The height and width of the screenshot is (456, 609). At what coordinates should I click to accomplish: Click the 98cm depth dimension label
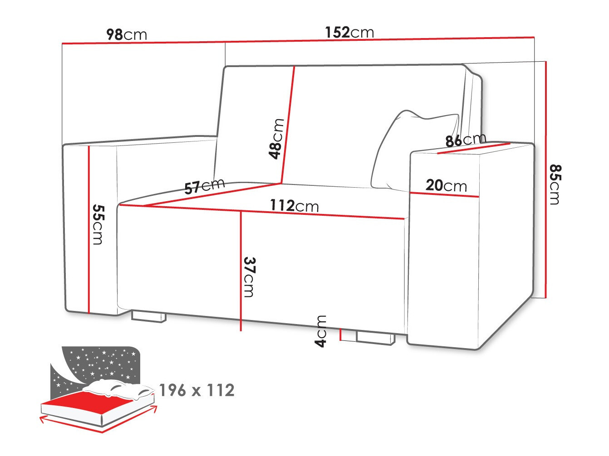127,34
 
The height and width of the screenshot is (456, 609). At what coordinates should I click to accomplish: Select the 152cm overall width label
349,32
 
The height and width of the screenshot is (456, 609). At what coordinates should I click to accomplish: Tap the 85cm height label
555,184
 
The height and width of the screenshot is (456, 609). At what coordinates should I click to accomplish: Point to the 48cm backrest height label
276,139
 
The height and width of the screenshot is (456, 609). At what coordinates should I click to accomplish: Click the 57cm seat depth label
205,186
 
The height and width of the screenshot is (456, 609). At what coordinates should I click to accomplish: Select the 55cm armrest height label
98,224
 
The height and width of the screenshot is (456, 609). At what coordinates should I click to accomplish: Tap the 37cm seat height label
249,277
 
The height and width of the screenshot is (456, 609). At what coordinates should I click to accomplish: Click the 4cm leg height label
321,331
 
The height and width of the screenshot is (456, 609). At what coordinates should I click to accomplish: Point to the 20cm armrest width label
446,185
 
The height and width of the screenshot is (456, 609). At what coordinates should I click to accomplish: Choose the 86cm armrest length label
465,140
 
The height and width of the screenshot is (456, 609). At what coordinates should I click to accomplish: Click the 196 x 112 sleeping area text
196,390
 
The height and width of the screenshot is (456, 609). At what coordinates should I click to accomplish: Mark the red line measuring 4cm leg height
340,334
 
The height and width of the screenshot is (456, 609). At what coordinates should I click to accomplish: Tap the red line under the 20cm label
444,194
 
